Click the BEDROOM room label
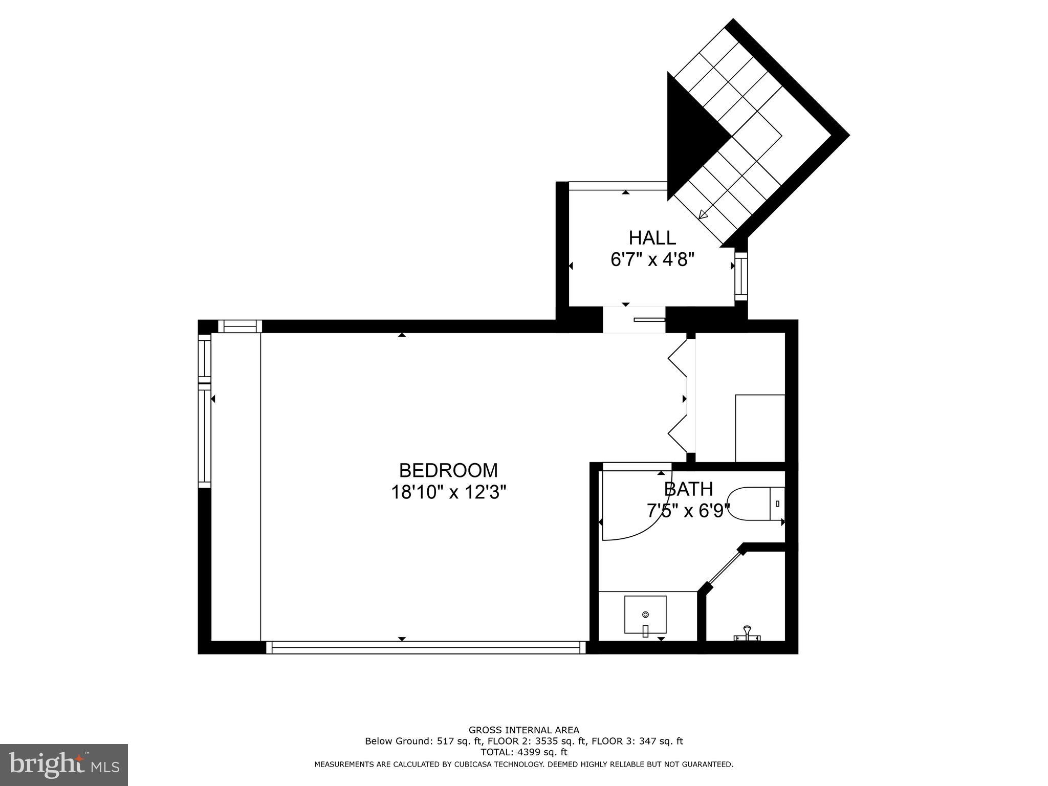(448, 470)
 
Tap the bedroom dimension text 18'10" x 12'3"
(448, 492)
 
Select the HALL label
(652, 238)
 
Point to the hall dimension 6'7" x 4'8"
(652, 260)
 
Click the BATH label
(688, 489)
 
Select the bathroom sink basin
(645, 614)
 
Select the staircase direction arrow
(703, 215)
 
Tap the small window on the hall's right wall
(741, 276)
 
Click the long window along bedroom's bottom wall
(426, 648)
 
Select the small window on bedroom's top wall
(239, 326)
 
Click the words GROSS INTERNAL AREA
(523, 730)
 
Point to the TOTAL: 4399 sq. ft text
(523, 752)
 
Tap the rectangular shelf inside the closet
(760, 428)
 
